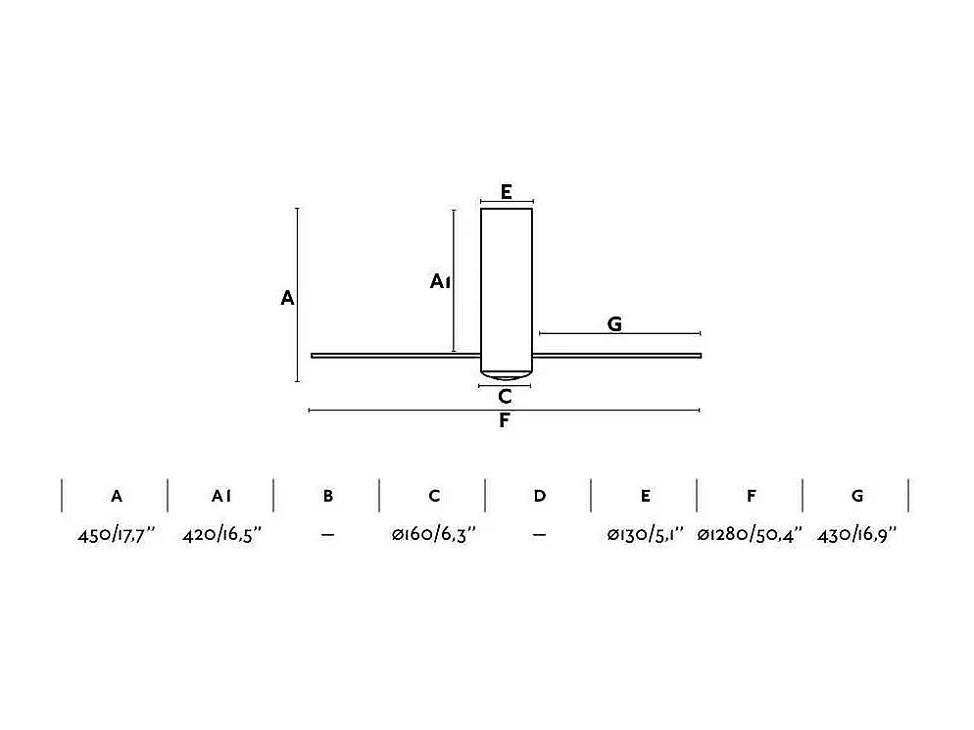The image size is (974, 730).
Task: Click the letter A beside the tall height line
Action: pos(287,298)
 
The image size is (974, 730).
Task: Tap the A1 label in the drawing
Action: pos(440,281)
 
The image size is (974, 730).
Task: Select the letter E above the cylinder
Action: pos(507,192)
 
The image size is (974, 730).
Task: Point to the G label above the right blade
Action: pos(614,323)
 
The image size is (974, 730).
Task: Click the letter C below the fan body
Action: pos(505,396)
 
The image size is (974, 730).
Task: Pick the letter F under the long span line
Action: pos(505,420)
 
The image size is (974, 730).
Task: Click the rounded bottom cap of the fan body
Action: pos(507,375)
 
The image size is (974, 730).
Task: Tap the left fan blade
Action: pos(396,356)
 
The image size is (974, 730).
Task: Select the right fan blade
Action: pos(616,356)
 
